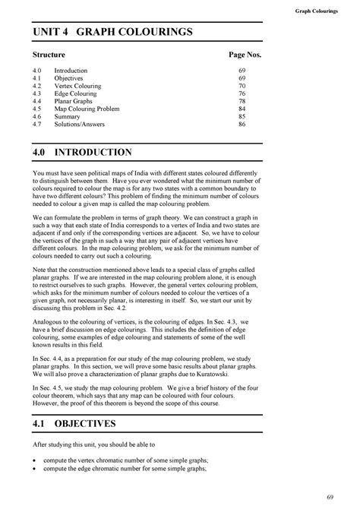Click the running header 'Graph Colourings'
[318, 11]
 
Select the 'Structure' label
[49, 55]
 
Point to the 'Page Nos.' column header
[245, 55]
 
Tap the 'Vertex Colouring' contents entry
[81, 85]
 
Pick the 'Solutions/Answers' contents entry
[81, 124]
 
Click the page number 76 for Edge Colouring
[242, 93]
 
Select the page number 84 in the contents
[242, 109]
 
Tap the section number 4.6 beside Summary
[38, 116]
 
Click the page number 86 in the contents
[242, 124]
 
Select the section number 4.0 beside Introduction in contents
[38, 70]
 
